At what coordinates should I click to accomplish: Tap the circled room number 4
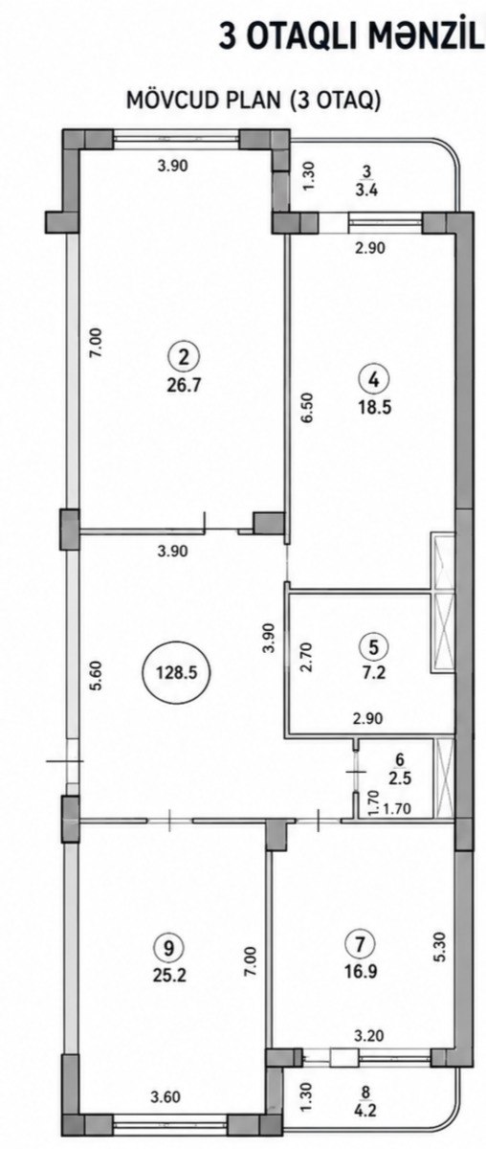click(375, 380)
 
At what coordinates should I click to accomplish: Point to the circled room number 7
click(363, 944)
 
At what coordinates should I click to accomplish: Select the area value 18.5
click(375, 408)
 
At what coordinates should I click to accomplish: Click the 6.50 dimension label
click(307, 408)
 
